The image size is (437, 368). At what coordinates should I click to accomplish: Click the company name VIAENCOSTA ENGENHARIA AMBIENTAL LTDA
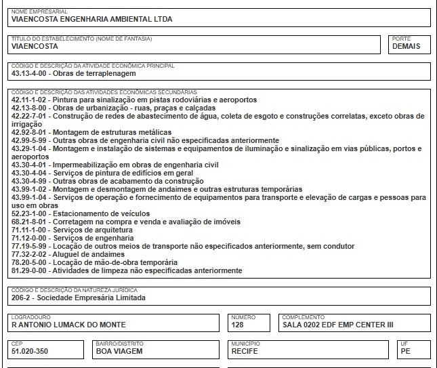point(92,19)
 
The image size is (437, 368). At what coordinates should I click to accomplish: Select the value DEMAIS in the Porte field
point(406,47)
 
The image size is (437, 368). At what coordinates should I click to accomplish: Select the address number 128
point(238,325)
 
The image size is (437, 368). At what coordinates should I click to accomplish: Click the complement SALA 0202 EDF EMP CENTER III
point(337,325)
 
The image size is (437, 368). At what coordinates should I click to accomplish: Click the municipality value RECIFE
point(245,352)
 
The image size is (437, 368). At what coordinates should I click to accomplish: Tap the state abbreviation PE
point(405,352)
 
